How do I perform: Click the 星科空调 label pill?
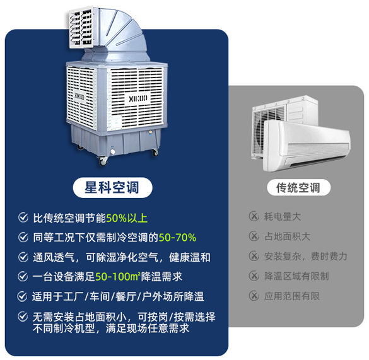tap(112, 187)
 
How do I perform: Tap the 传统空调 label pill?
tap(298, 187)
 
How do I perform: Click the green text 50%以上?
tap(127, 218)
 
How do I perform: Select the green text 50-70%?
tap(177, 238)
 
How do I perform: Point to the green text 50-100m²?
tap(118, 277)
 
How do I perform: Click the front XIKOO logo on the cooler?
tap(138, 98)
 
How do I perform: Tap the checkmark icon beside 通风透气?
tap(23, 257)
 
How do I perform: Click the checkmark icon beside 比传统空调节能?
tap(23, 218)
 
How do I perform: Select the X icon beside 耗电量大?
tap(254, 216)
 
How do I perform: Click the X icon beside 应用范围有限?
tap(254, 296)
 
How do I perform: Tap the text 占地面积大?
tap(288, 236)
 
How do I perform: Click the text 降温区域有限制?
tap(296, 276)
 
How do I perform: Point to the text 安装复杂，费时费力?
tap(306, 256)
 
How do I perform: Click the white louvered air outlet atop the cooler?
tap(81, 28)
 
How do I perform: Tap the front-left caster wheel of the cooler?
tap(103, 161)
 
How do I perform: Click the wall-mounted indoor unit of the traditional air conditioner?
tap(307, 146)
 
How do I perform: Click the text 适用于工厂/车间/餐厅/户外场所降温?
tap(118, 296)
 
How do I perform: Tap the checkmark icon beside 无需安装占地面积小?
tap(23, 316)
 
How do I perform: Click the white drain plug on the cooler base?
tap(113, 152)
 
